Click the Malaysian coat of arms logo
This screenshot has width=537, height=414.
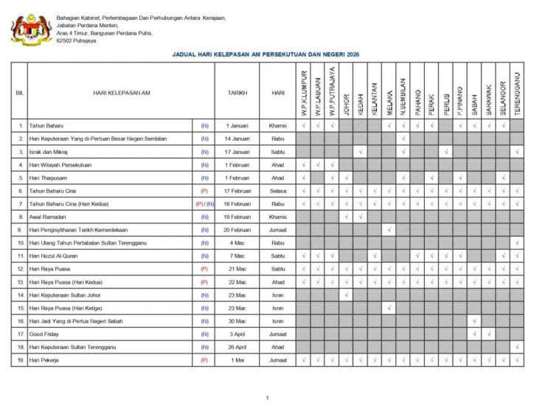(x=31, y=29)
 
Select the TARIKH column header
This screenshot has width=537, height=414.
(x=237, y=93)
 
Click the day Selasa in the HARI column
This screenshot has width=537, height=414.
(x=278, y=190)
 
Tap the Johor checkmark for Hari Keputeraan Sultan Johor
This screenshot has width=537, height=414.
(x=347, y=295)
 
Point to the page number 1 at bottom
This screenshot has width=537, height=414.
(x=268, y=398)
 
